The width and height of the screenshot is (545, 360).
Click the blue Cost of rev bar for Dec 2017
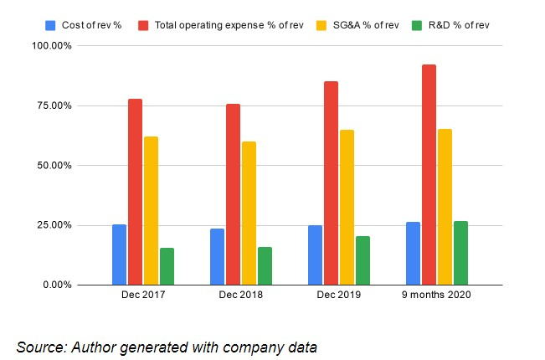pyautogui.click(x=119, y=255)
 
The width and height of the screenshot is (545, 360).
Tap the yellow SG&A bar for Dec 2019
pyautogui.click(x=347, y=208)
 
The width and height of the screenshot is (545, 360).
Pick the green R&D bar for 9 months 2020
pyautogui.click(x=460, y=253)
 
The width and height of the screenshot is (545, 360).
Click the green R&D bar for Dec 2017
pyautogui.click(x=167, y=266)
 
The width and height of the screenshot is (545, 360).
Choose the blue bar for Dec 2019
pyautogui.click(x=315, y=255)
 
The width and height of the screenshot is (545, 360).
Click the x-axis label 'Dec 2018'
pyautogui.click(x=240, y=297)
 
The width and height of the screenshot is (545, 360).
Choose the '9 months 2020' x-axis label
pyautogui.click(x=436, y=297)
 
